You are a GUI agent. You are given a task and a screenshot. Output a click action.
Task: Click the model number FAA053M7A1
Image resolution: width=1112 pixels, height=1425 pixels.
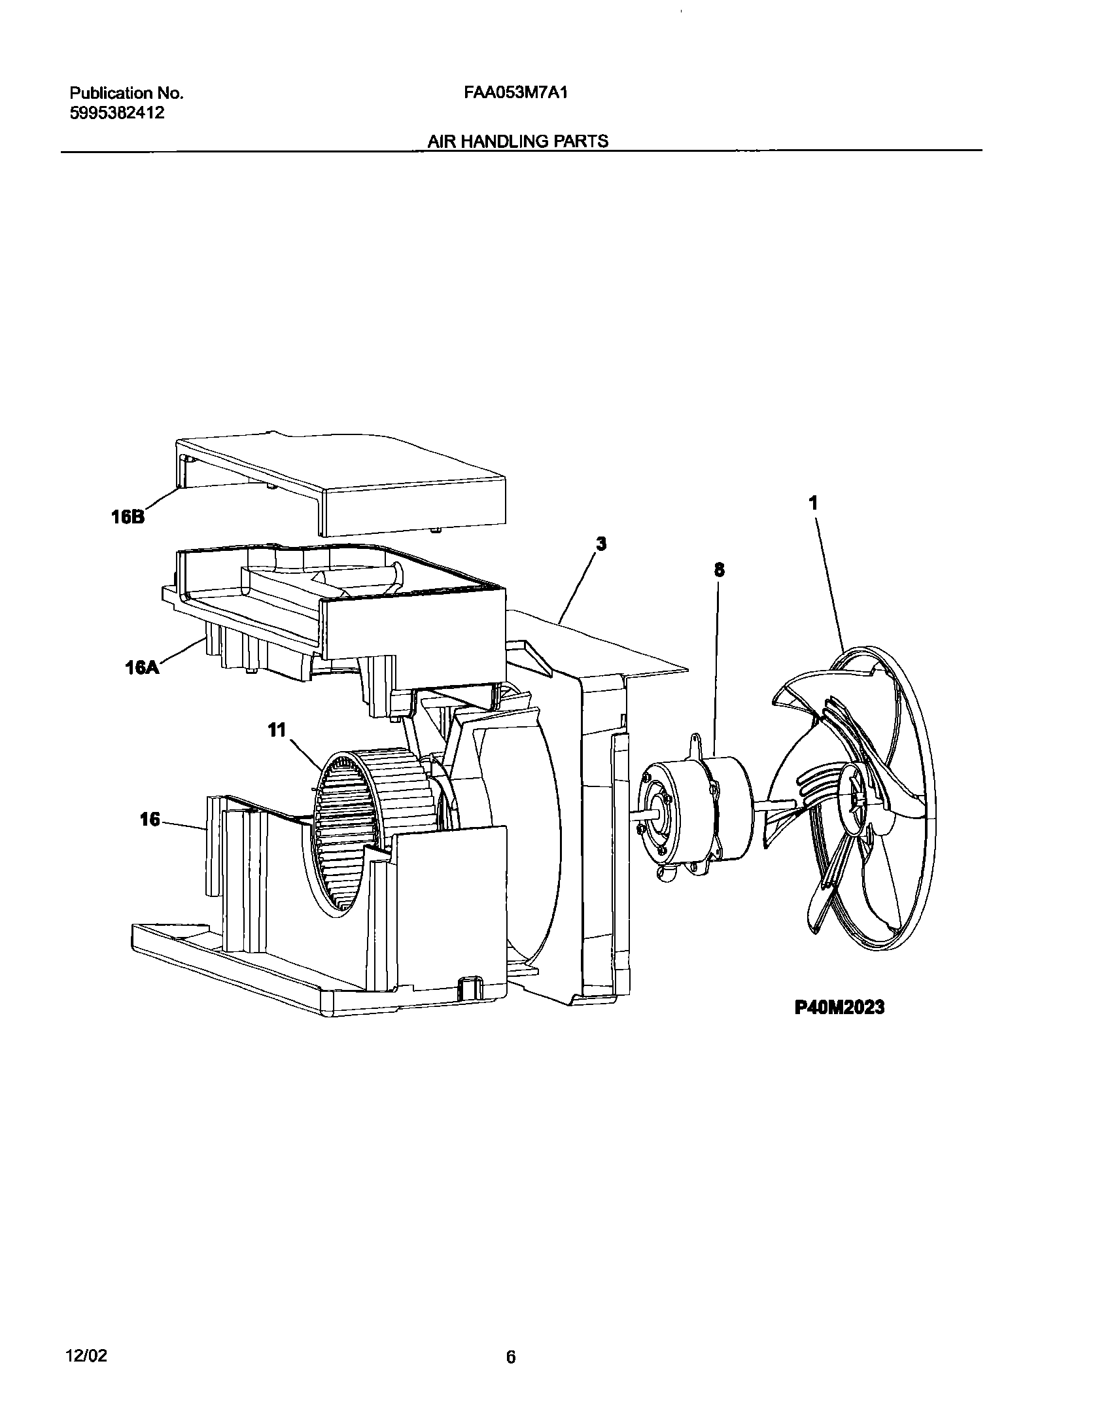coord(515,93)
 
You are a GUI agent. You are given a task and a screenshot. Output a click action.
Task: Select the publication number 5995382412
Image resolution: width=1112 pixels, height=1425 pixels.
coord(117,113)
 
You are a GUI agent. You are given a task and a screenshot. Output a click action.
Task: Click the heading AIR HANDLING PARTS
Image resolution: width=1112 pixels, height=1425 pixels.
coord(517,141)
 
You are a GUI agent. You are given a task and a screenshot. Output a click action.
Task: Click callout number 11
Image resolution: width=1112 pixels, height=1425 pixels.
coord(277,730)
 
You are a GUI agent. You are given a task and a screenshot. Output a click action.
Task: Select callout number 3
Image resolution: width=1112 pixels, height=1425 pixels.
coord(601,544)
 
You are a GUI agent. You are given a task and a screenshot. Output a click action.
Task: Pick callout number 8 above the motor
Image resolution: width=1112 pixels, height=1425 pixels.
coord(719,570)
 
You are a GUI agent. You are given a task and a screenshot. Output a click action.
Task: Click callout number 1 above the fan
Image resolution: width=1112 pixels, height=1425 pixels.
coord(813,503)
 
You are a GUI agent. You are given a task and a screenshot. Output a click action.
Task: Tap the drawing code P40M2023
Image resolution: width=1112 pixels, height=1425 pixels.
coord(839,1007)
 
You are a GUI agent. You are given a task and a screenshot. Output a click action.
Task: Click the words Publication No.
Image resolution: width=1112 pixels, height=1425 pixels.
coord(126,93)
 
